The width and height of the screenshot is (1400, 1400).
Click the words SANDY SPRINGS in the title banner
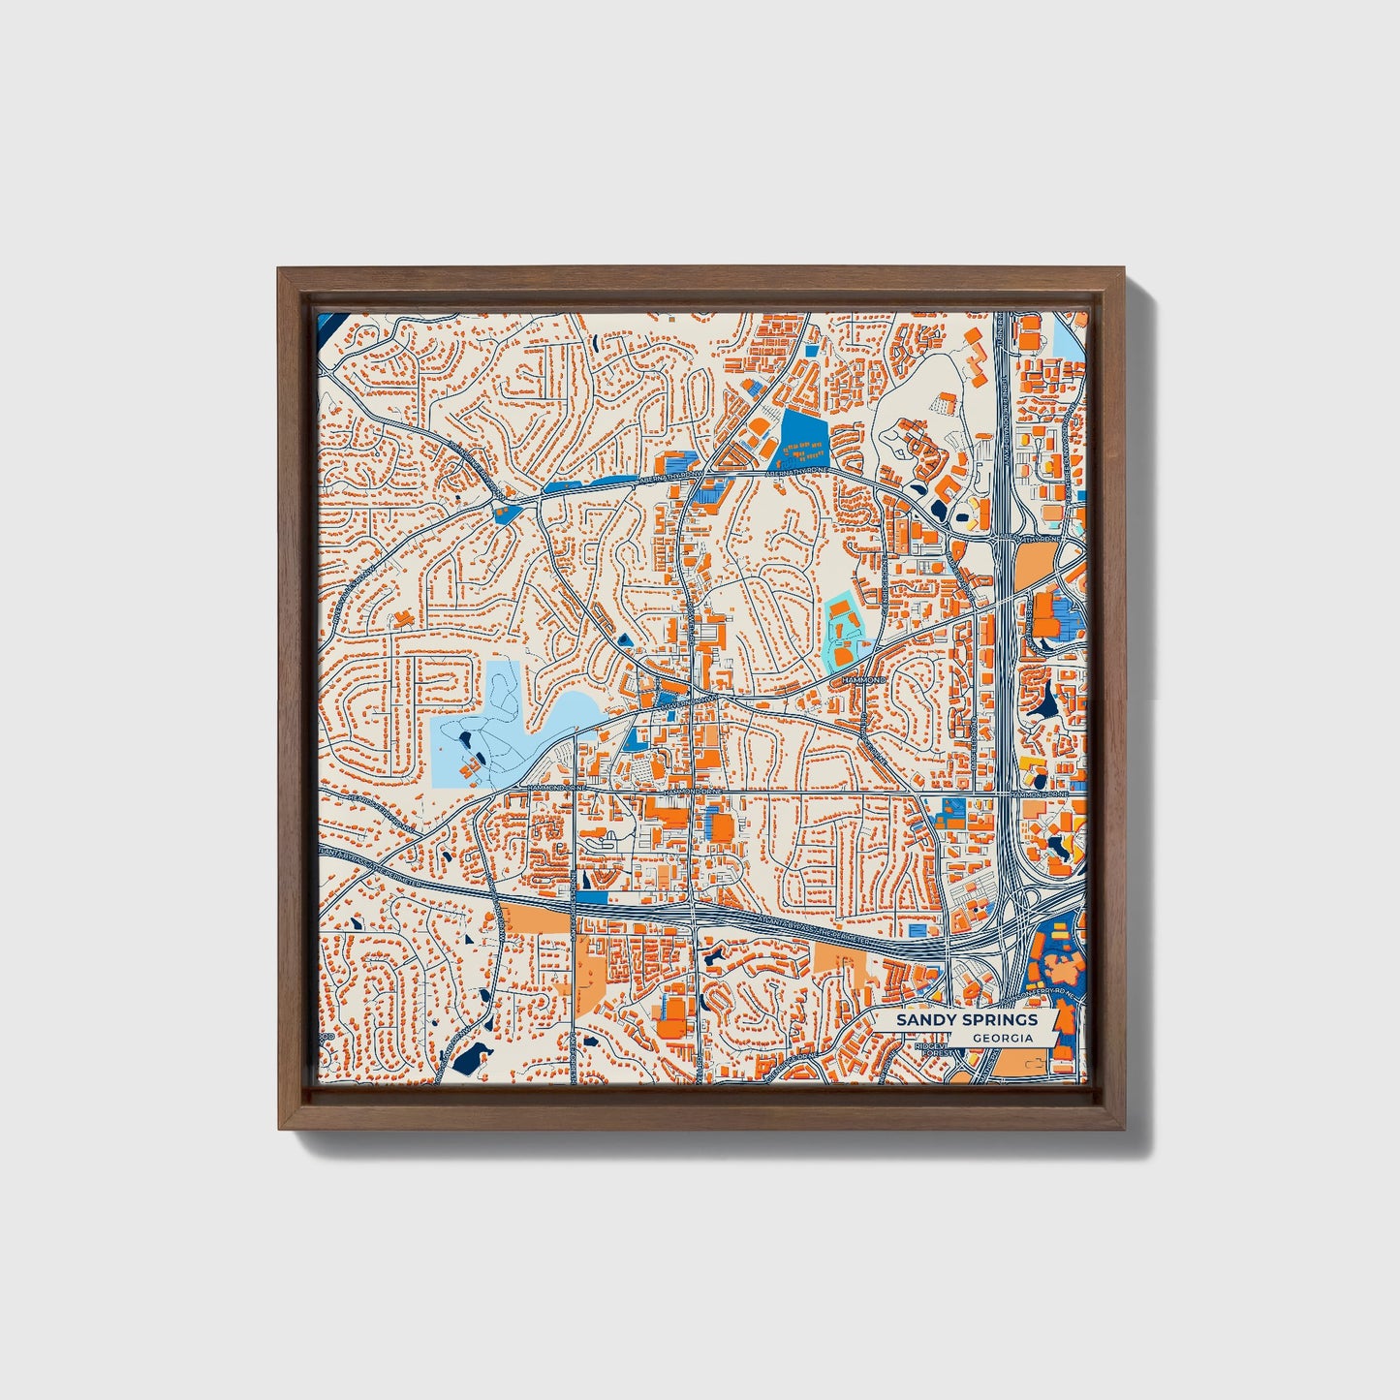click(x=966, y=1019)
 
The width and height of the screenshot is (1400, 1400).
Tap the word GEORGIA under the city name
click(x=1002, y=1038)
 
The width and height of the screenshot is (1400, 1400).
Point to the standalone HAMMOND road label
click(x=864, y=681)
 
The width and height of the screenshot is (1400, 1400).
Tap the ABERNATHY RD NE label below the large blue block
click(x=796, y=473)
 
